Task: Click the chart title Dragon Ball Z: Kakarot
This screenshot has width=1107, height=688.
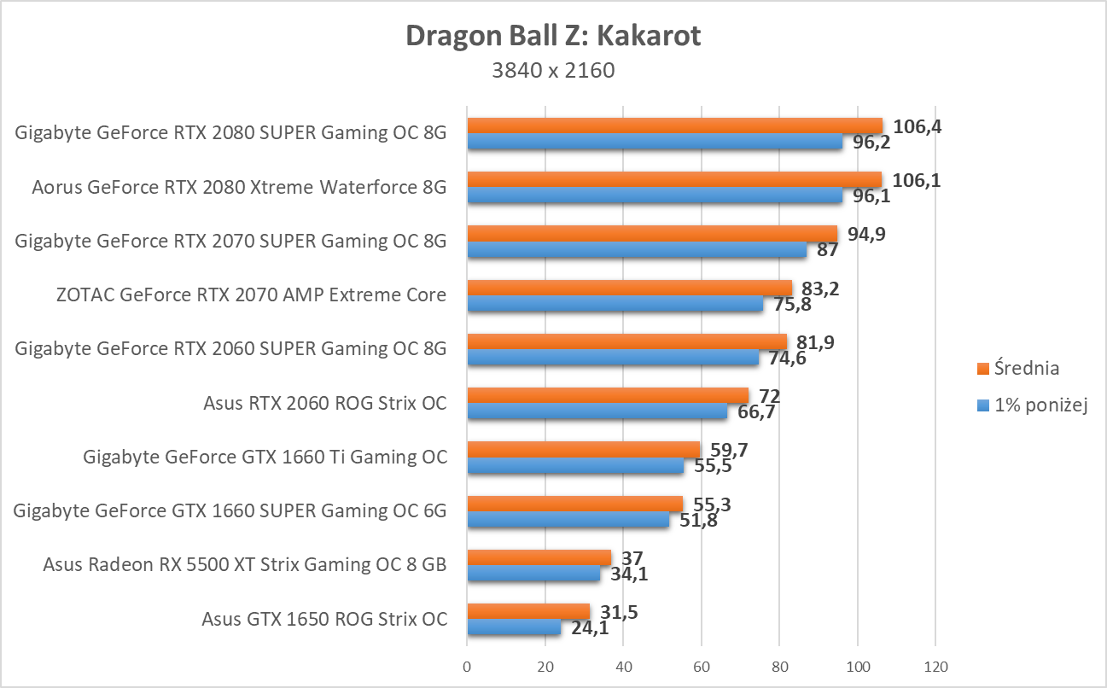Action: coord(553,36)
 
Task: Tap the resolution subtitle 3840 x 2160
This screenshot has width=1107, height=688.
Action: coord(553,71)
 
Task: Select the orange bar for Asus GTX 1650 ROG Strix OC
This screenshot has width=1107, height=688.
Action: coord(528,611)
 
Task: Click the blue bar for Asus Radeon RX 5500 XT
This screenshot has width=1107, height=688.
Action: coord(533,574)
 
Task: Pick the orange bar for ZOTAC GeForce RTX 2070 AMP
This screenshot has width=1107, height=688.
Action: coord(629,288)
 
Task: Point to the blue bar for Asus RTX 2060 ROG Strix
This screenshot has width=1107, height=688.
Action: coord(597,411)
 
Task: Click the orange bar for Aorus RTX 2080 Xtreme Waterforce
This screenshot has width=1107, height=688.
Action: coord(674,179)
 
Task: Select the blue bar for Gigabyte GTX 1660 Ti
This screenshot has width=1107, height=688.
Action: coord(575,466)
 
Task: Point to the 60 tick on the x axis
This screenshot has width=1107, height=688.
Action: coord(702,666)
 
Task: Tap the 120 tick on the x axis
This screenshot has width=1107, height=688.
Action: coord(935,666)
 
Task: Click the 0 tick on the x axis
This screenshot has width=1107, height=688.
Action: coord(467,666)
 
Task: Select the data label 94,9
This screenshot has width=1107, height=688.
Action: coord(863,235)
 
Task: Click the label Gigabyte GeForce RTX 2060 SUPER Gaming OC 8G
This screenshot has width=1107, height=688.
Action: coord(230,348)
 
